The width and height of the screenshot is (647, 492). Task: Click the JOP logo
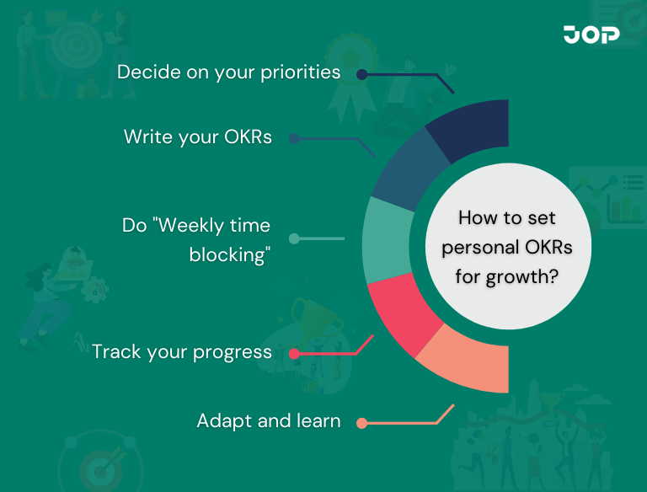591,35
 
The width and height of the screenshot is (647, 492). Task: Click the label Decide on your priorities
228,72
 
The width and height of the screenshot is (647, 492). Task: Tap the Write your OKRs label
198,136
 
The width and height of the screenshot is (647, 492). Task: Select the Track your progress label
182,351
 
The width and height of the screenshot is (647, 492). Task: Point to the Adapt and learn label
269,420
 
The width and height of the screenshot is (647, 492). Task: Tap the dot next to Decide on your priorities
361,74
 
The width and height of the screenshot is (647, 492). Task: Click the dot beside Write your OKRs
294,138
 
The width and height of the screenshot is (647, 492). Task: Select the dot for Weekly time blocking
294,238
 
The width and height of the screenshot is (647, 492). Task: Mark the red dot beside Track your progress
294,354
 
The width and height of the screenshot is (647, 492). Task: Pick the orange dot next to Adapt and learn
361,423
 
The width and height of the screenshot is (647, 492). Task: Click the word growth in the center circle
523,275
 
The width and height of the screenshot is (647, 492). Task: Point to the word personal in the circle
480,247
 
